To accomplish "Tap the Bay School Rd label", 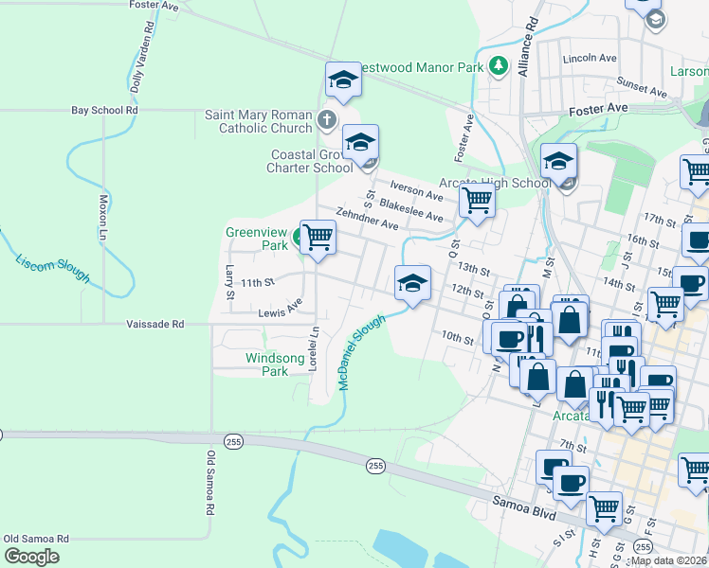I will click(104, 111).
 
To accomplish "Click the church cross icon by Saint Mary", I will click(326, 120).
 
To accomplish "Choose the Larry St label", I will click(229, 282).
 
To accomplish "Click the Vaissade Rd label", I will click(155, 324).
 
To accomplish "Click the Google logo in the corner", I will click(31, 556).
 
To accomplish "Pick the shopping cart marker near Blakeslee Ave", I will click(476, 200).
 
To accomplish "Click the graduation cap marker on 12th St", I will click(412, 283).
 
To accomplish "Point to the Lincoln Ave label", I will click(590, 58).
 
